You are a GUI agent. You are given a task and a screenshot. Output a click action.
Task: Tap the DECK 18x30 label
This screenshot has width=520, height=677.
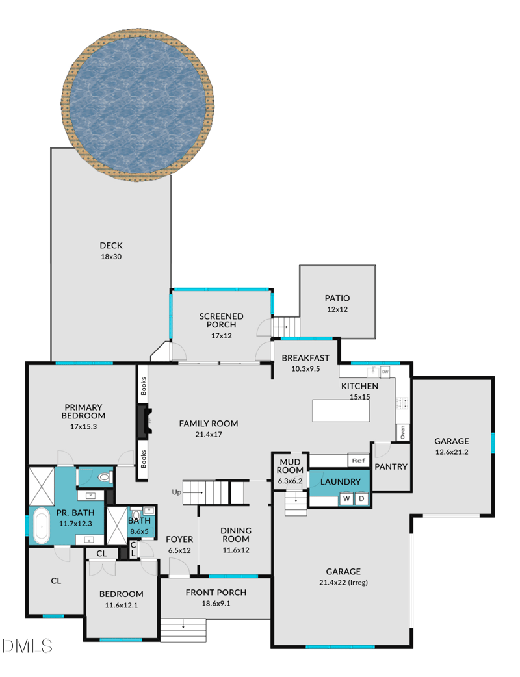click(x=111, y=251)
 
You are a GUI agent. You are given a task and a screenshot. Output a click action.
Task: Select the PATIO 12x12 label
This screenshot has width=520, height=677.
click(x=337, y=303)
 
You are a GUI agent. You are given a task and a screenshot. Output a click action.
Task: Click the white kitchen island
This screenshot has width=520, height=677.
click(x=341, y=411)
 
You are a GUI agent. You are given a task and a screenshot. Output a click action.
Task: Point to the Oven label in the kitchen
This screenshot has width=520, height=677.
click(x=402, y=431)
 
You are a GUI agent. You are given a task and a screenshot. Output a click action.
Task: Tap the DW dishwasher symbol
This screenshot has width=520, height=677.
click(x=385, y=372)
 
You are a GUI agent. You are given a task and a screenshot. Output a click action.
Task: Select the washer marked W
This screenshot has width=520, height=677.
click(x=346, y=499)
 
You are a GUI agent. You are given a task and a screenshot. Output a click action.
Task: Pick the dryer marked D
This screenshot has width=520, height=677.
click(x=361, y=499)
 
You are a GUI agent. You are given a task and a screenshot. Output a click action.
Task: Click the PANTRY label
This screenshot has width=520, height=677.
click(x=391, y=466)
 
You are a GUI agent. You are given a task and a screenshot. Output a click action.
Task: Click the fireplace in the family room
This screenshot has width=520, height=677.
click(x=144, y=422)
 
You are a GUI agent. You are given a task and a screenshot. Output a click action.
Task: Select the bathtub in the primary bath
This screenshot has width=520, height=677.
click(x=41, y=526)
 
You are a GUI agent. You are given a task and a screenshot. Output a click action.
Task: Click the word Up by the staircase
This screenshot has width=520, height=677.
click(x=175, y=492)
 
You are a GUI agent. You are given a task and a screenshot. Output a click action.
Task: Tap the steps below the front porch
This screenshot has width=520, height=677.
click(x=183, y=629)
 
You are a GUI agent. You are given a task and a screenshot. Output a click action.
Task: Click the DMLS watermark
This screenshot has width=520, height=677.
click(x=27, y=645)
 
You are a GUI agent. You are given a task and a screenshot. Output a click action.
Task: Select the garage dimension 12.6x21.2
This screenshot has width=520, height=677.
click(x=452, y=452)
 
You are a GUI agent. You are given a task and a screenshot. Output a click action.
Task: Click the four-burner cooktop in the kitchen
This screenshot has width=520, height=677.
click(x=402, y=403)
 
